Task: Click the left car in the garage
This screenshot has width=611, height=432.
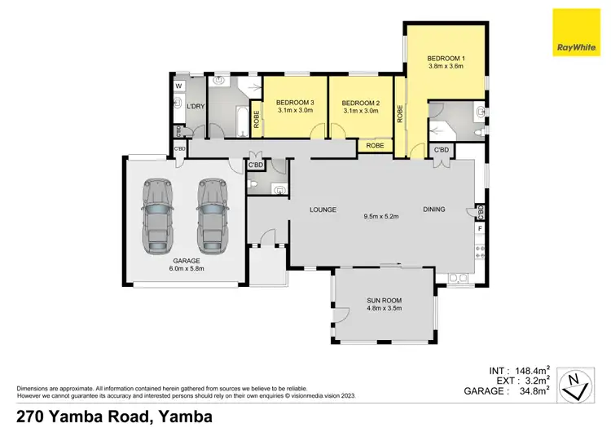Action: [158, 216]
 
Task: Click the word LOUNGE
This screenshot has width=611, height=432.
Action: [323, 209]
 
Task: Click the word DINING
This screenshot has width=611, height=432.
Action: [434, 209]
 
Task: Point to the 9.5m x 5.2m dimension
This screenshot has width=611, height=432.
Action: [380, 216]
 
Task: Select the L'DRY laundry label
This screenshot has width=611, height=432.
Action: [195, 107]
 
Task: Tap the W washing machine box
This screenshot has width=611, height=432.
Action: [178, 86]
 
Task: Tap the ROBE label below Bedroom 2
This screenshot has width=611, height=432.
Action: [375, 146]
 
